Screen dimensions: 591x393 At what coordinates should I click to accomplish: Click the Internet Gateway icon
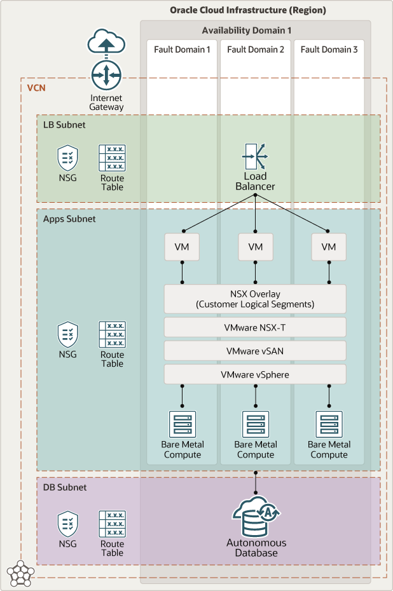pyautogui.click(x=106, y=76)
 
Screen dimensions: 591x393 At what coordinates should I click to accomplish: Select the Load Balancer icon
pyautogui.click(x=255, y=156)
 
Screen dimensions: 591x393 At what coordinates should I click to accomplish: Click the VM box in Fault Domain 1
pyautogui.click(x=182, y=247)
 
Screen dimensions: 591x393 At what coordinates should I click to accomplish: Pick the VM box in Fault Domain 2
pyautogui.click(x=255, y=247)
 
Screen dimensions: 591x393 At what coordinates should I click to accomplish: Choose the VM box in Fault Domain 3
pyautogui.click(x=329, y=247)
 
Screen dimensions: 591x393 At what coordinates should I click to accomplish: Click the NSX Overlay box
pyautogui.click(x=255, y=299)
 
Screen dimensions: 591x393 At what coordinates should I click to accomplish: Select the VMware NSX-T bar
pyautogui.click(x=255, y=327)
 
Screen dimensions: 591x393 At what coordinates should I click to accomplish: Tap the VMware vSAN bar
pyautogui.click(x=255, y=351)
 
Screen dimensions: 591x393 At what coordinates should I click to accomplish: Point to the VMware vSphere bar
pyautogui.click(x=255, y=374)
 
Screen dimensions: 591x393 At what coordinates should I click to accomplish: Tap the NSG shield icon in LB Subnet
pyautogui.click(x=68, y=157)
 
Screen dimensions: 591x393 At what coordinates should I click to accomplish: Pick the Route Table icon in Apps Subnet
pyautogui.click(x=112, y=334)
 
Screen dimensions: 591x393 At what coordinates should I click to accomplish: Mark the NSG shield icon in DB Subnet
pyautogui.click(x=68, y=524)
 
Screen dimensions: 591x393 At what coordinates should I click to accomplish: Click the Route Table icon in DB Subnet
pyautogui.click(x=112, y=524)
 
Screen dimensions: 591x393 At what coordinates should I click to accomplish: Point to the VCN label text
pyautogui.click(x=36, y=87)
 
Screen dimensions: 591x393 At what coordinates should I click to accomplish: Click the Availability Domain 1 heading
pyautogui.click(x=255, y=31)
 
